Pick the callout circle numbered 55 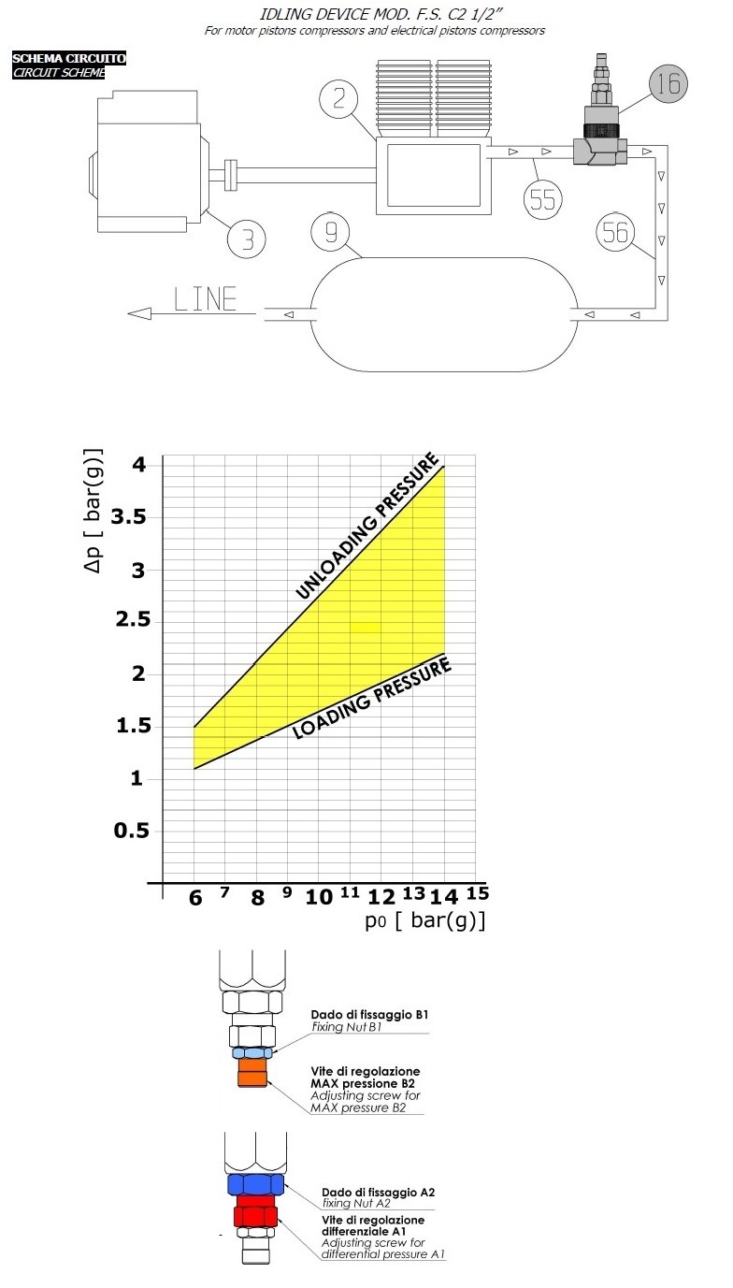coord(542,198)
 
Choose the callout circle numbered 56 coord(616,232)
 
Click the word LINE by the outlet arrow coord(206,299)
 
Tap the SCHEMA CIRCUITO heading coord(68,59)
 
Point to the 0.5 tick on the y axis coord(131,831)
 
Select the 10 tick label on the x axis coord(319,897)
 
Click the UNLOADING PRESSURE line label coord(366,527)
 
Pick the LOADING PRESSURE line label coord(372,698)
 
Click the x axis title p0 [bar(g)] coord(425,920)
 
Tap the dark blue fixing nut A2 coord(255,1184)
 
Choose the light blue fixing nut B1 coord(252,1052)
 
